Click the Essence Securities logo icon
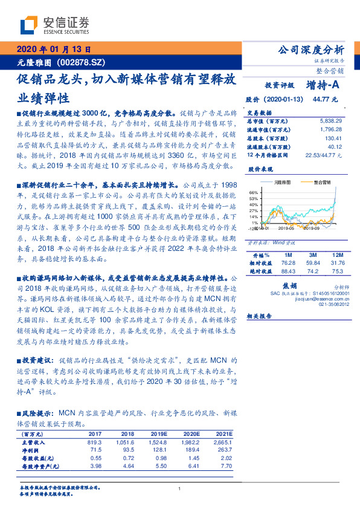[28, 25]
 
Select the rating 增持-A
[326, 85]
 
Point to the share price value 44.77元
[329, 99]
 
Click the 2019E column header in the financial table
[158, 433]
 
